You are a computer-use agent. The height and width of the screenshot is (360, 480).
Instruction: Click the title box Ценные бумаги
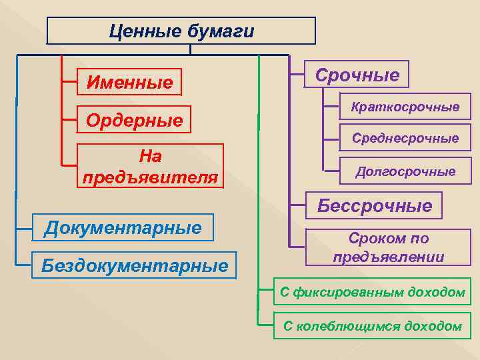coord(181,31)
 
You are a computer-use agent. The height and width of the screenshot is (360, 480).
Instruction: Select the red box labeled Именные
coord(129,83)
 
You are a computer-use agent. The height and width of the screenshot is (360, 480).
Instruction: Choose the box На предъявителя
coord(150,167)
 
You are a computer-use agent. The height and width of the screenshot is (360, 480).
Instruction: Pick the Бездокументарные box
coord(134,265)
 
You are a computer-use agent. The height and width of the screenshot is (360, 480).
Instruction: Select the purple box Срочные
coord(357,75)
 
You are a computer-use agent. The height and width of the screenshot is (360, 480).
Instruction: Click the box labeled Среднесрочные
coord(405,138)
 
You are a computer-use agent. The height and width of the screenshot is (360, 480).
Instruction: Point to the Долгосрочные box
coord(405,171)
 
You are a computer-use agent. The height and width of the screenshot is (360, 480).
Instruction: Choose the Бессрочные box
coord(374,206)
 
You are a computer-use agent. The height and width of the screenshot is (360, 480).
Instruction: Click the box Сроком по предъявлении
coord(388,247)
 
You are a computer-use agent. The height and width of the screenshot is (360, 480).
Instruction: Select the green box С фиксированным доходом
coord(372,292)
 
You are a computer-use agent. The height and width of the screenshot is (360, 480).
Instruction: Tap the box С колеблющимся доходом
coord(372,326)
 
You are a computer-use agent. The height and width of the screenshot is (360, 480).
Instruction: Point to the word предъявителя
coord(150,177)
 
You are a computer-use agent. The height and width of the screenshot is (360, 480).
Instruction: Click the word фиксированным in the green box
coord(350,292)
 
